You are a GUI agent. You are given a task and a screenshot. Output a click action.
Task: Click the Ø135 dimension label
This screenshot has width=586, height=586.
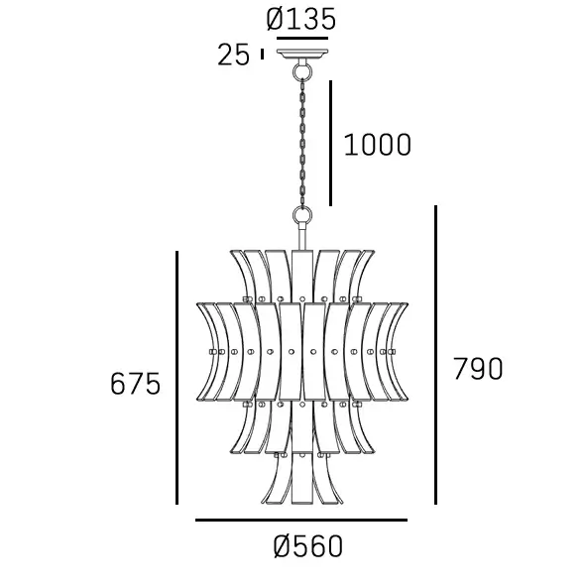300,20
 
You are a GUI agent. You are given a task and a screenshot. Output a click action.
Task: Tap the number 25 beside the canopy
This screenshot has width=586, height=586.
233,55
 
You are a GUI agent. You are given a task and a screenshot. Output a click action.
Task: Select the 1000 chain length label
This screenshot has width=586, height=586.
377,145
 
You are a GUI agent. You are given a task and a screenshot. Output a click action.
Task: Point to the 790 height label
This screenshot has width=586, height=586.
478,369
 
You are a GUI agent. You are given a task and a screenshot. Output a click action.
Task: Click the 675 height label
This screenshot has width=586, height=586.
135,384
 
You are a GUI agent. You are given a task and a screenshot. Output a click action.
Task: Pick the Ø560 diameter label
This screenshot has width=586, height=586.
308,546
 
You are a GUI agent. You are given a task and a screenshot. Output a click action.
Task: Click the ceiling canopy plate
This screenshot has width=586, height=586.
302,55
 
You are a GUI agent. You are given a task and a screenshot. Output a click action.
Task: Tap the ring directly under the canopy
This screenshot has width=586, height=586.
302,70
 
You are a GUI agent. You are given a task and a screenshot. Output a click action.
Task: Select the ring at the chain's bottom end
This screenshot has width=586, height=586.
302,215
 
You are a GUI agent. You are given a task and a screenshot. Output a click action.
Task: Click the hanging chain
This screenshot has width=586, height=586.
302,143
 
